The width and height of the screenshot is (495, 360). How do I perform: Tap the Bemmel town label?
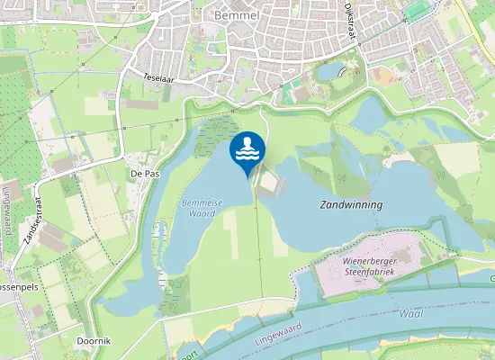click(x=238, y=15)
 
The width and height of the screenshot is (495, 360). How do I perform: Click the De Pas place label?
click(x=145, y=173)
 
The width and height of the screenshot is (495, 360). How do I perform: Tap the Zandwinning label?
click(x=351, y=205)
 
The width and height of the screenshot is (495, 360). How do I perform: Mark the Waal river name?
click(x=410, y=314)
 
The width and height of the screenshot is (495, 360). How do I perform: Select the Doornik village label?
click(x=93, y=341)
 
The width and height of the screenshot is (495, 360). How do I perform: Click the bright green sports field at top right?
click(x=415, y=10)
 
